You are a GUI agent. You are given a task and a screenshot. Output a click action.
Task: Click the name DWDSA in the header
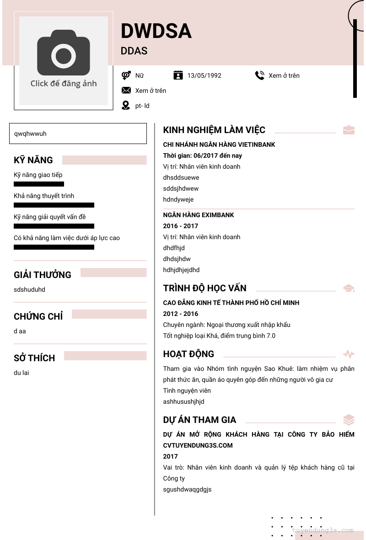click(156, 31)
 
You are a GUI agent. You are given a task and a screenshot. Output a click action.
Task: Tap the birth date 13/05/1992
click(204, 75)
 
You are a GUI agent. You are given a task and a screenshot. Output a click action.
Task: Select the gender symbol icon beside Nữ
click(126, 75)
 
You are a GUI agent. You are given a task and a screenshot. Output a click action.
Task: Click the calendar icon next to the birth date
click(178, 75)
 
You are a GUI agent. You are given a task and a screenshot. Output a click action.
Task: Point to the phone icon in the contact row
click(260, 75)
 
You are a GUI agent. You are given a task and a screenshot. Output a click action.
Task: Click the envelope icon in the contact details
click(126, 91)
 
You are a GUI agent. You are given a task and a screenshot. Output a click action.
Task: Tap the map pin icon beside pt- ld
click(126, 106)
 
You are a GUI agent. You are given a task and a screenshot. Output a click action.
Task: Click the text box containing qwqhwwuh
click(78, 134)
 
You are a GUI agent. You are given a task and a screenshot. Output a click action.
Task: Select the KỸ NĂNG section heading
click(33, 160)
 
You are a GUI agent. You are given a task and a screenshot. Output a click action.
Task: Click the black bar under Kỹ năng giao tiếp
click(39, 184)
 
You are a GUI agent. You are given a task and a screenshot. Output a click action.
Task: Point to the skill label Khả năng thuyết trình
click(44, 196)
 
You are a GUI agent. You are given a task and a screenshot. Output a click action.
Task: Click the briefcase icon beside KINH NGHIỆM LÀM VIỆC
click(349, 130)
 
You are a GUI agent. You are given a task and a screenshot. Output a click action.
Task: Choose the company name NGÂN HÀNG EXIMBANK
click(199, 215)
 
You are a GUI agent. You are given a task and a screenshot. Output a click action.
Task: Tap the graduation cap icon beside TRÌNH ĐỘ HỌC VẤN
click(349, 288)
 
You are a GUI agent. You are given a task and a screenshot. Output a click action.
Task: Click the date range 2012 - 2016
click(181, 314)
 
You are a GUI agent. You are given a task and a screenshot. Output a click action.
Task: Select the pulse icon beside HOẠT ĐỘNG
click(349, 354)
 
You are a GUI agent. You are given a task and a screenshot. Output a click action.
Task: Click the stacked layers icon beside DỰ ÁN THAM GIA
click(349, 420)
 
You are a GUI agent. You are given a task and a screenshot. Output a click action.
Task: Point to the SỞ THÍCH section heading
click(34, 358)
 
